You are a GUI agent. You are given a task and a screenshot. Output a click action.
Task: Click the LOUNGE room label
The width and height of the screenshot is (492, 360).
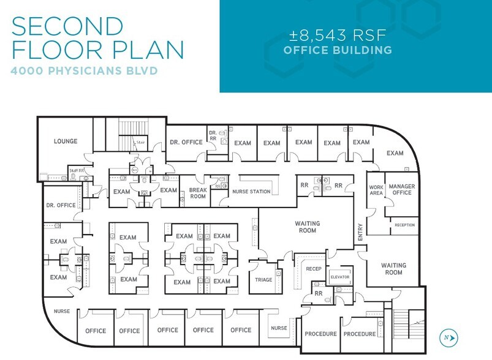pos(66,141)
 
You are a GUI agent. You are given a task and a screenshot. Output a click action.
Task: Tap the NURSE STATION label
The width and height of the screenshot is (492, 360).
pos(251,192)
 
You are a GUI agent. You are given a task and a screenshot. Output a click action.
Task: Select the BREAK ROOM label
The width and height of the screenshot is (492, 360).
pos(197,193)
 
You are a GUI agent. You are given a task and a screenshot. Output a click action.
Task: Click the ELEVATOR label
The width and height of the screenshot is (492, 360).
pos(339,276)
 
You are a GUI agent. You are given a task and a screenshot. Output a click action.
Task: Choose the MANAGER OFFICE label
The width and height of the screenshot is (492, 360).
pos(402,190)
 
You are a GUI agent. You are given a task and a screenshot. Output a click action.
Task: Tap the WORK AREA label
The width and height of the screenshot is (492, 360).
pos(376,190)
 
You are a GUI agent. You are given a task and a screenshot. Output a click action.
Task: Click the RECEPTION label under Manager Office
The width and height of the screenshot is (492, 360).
pos(404,225)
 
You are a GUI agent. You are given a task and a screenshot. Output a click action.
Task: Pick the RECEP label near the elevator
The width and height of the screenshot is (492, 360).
pos(314,269)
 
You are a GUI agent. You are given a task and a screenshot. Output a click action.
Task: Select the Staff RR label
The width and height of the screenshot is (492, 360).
pos(77,170)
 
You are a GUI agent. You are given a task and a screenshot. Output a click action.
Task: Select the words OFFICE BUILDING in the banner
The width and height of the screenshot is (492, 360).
pos(338,50)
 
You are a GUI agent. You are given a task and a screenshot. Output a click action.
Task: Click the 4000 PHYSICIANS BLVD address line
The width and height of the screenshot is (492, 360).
pos(84,71)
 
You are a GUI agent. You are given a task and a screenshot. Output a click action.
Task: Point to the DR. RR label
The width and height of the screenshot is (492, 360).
pos(213,135)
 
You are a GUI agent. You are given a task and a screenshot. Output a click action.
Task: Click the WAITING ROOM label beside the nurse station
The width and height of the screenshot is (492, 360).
pos(307,227)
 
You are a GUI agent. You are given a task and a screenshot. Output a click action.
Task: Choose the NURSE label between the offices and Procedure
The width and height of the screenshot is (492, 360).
pos(279,328)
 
